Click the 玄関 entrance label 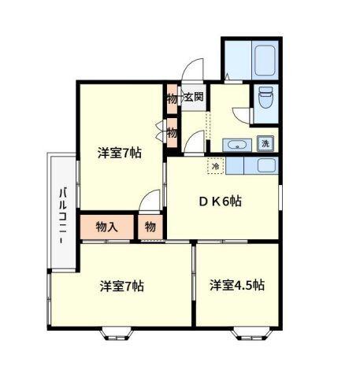coord(194,98)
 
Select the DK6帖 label coord(219,201)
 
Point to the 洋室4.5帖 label coord(236,284)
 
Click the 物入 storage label coord(106,227)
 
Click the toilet coord(265,98)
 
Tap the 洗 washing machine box coord(265,143)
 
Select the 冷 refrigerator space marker coord(215,166)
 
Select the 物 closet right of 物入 coord(150,227)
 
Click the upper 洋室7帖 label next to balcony coord(120,153)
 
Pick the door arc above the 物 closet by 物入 coord(148,202)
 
